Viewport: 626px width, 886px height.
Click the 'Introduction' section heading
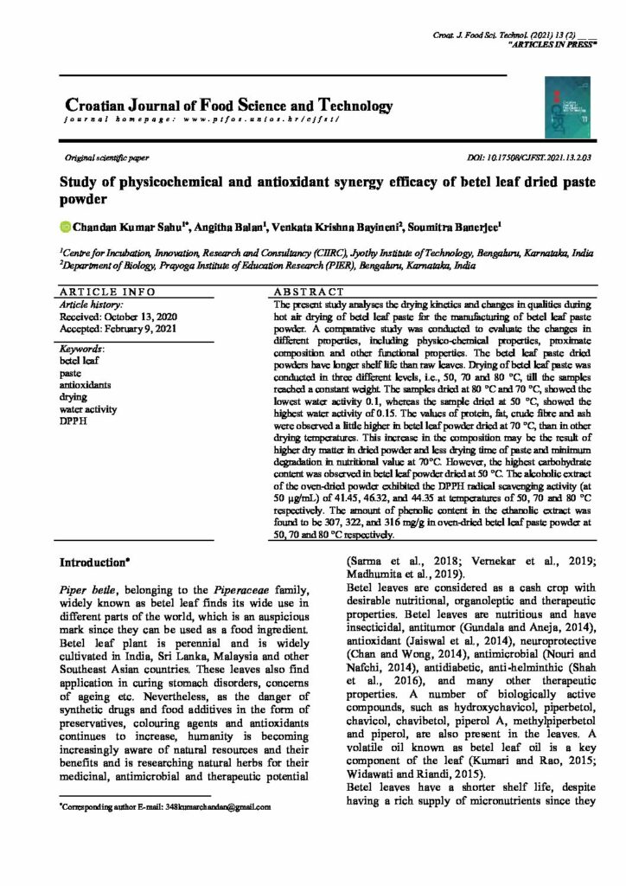(94, 562)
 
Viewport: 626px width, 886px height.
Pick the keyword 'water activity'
(88, 409)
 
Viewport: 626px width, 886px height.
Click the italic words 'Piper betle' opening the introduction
(90, 587)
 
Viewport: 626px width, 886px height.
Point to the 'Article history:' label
(90, 305)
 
